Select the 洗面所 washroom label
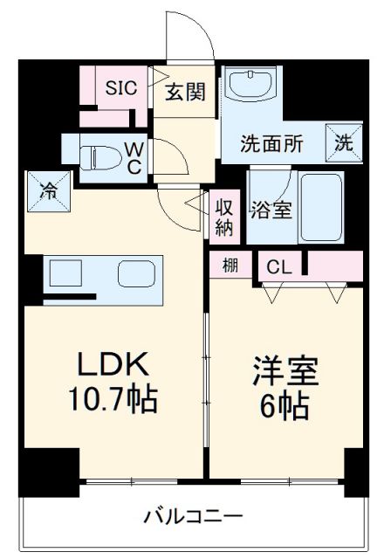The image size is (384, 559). click(272, 145)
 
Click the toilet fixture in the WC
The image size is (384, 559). click(93, 158)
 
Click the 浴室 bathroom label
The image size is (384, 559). click(271, 210)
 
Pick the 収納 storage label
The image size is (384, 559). click(223, 216)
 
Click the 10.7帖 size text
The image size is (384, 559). click(113, 401)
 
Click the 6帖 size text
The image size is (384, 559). click(285, 407)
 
